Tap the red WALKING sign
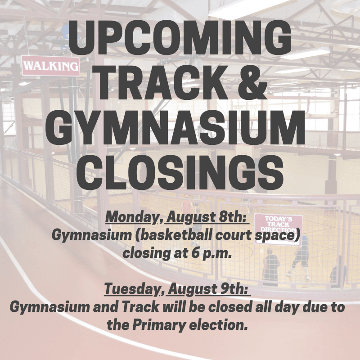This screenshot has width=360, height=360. [51, 66]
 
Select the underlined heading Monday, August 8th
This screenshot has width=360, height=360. [177, 218]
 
